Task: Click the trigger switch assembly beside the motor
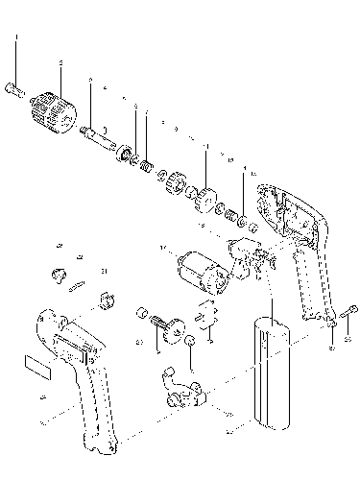pyautogui.click(x=247, y=258)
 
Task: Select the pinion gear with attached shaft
pyautogui.click(x=175, y=326)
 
